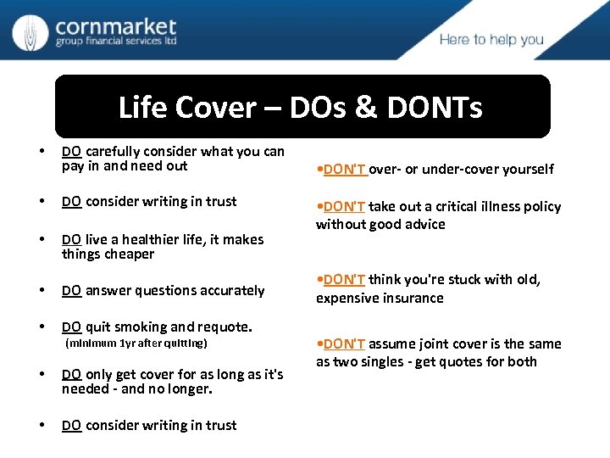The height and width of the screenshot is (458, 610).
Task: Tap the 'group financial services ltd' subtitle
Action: tap(115, 42)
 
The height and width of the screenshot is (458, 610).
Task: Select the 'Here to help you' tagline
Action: tap(491, 40)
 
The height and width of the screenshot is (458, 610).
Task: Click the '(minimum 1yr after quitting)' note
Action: tap(136, 343)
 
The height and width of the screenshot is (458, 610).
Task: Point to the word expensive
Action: tap(347, 298)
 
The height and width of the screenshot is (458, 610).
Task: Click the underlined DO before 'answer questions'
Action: tap(71, 291)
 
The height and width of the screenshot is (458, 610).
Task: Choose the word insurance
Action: tap(412, 298)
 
